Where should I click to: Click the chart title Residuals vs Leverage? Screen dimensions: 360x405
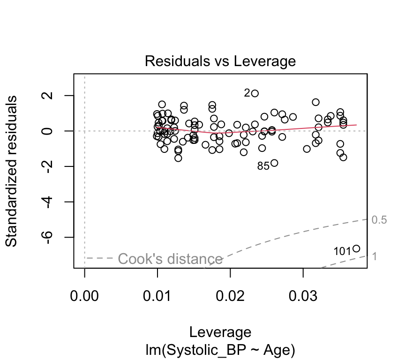[220, 61]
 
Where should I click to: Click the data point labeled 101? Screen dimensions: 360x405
[356, 248]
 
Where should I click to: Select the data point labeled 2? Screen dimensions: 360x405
[255, 93]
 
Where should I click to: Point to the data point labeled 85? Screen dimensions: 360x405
[274, 163]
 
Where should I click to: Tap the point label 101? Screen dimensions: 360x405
[342, 252]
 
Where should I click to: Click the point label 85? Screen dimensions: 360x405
[263, 166]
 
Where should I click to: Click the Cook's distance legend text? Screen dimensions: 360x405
[170, 259]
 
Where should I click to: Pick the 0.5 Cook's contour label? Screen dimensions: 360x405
[379, 220]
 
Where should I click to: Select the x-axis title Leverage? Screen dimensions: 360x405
[220, 332]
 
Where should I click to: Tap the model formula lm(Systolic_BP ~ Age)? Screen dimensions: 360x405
[220, 350]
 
